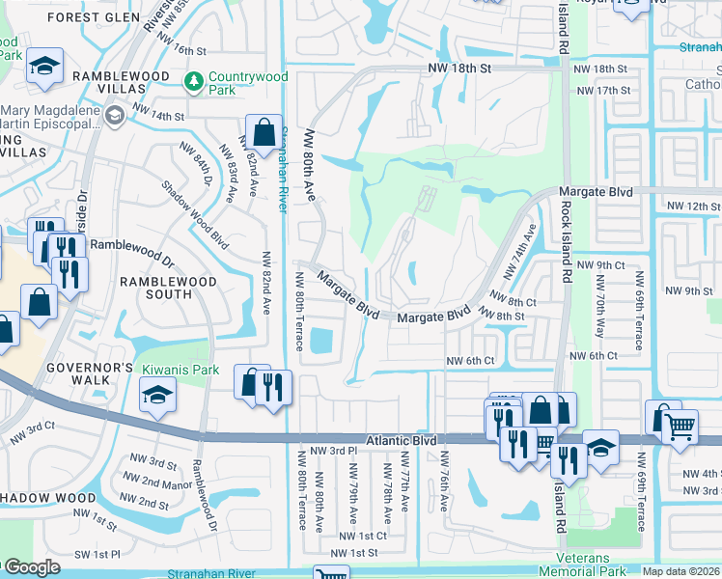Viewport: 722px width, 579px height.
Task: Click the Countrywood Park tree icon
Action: click(x=194, y=79)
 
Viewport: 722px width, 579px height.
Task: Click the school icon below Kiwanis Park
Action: click(x=157, y=395)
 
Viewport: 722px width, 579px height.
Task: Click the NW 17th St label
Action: click(x=602, y=90)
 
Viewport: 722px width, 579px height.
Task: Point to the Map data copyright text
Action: click(x=680, y=571)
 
